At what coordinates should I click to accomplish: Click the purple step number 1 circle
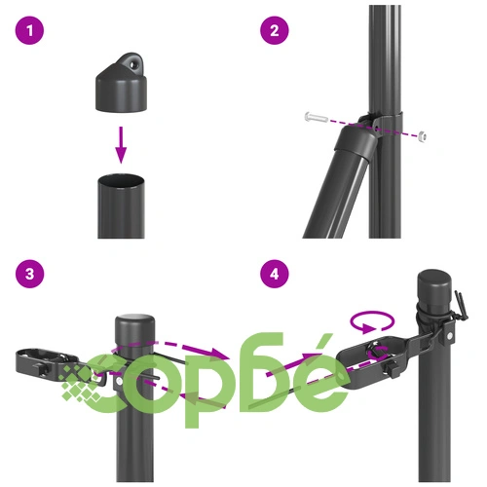29,30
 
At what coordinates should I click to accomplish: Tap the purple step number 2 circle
275,30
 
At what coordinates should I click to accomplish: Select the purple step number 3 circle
29,274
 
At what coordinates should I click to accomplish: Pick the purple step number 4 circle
275,274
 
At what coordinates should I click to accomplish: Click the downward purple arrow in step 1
121,145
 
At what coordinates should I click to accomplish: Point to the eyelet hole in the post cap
132,64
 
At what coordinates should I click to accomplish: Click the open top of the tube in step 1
121,180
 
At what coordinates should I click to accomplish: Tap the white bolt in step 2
318,117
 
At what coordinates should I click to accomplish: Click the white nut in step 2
422,136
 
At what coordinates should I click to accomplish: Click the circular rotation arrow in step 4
372,321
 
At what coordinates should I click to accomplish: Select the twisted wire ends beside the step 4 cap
462,306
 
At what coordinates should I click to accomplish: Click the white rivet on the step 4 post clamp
450,336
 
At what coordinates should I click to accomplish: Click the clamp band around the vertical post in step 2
386,124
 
